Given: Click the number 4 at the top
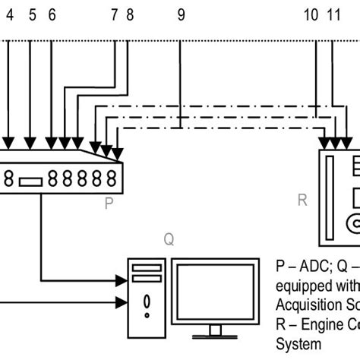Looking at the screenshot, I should click(x=10, y=14).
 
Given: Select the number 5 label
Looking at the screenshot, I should click(x=32, y=14).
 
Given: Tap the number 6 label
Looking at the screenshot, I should click(x=52, y=14).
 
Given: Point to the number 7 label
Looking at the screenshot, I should click(x=115, y=14).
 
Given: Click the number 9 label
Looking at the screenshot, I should click(x=181, y=14).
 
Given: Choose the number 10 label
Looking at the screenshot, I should click(x=311, y=14).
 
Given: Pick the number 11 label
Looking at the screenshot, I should click(x=334, y=14).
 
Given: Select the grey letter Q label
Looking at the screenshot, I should click(x=169, y=239).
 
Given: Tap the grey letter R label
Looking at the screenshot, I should click(x=302, y=201).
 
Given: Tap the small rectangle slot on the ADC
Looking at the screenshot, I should click(x=30, y=181).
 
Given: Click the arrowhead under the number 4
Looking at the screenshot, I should click(x=8, y=142).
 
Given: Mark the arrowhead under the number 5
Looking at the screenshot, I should click(x=30, y=142).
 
